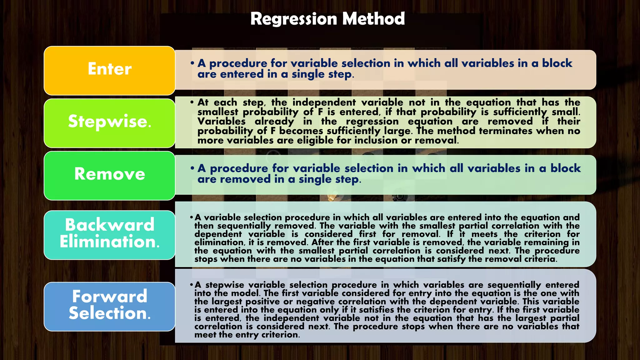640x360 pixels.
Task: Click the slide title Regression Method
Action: pos(327,19)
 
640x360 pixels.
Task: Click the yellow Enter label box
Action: pos(109,70)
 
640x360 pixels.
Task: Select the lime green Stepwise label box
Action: pos(109,123)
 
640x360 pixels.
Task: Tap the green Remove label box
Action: pos(109,175)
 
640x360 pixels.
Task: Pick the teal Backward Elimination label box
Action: pos(109,235)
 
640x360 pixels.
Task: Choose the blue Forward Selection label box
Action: pos(109,306)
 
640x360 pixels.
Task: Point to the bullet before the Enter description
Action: pos(192,63)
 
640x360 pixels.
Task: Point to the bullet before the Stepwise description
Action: pos(192,102)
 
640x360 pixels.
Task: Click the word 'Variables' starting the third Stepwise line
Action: pos(221,122)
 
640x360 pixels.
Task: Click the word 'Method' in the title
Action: pos(373,19)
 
